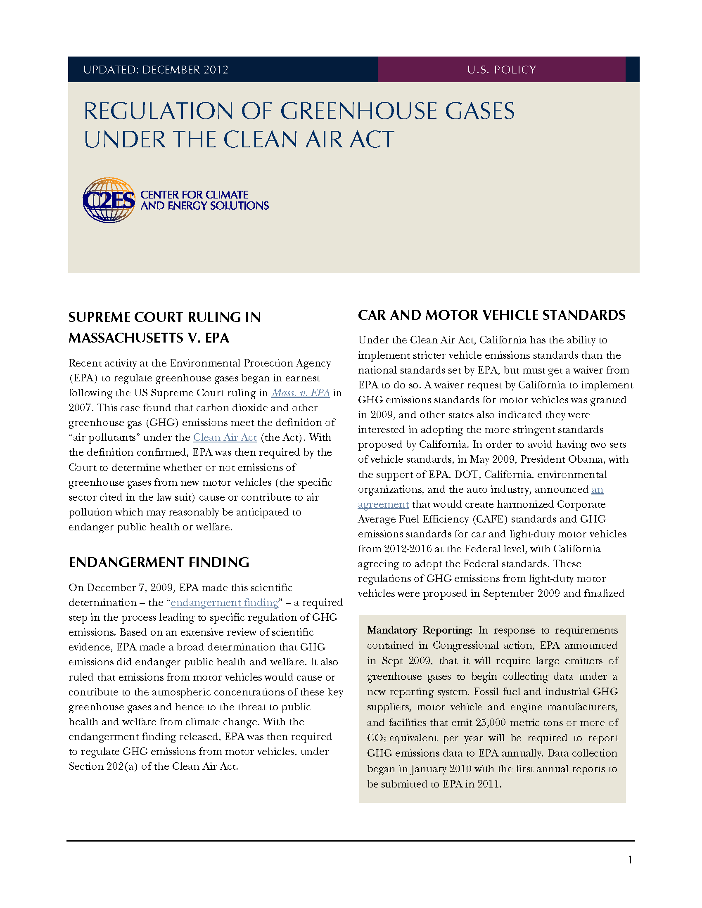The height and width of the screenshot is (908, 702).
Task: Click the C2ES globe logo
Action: pos(109,200)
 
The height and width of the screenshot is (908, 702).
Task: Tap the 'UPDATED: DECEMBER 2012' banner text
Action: pos(156,70)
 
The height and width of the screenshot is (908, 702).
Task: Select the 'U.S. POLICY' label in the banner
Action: pos(502,70)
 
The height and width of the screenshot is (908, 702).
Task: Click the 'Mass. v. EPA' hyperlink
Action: pos(300,393)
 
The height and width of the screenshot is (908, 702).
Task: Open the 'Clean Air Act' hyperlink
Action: pos(225,437)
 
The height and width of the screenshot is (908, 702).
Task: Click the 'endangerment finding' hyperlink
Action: pos(224,603)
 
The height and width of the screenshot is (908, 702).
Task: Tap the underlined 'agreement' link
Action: pos(384,504)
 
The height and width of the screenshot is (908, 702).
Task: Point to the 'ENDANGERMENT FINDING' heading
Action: pos(159,563)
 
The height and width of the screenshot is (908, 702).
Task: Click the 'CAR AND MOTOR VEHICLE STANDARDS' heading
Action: pos(491,315)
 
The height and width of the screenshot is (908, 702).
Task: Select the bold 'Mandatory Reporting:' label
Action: pos(419,630)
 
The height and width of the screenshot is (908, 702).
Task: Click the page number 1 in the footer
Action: pos(630,860)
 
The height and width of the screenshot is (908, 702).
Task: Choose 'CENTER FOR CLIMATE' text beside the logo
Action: pos(194,194)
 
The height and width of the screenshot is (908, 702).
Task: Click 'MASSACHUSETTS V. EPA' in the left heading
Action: pos(149,338)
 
